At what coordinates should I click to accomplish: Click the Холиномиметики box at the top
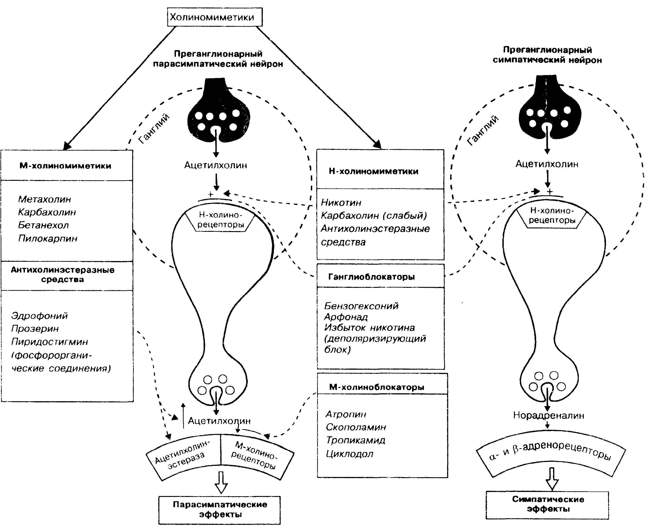point(215,17)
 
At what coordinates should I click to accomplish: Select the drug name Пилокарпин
point(48,238)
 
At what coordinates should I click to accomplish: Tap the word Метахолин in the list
point(45,199)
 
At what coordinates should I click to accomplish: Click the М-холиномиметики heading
point(65,166)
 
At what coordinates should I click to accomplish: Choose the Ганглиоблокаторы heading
point(371,277)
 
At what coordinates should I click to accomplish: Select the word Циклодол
point(350,454)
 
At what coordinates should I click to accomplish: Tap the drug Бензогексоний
point(361,306)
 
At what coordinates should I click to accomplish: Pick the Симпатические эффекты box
point(547,505)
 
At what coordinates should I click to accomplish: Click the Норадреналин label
point(549,416)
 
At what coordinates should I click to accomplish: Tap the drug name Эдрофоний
point(39,316)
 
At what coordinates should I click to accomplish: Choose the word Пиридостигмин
point(50,342)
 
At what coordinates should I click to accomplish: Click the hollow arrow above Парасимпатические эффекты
point(221,482)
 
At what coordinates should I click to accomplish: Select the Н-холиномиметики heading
point(374,171)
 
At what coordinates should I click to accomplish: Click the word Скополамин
point(356,427)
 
